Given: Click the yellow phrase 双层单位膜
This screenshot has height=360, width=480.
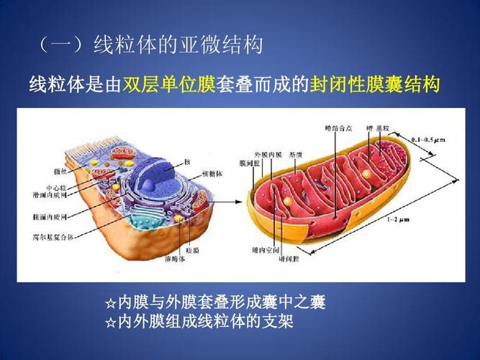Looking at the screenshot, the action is click(x=173, y=86).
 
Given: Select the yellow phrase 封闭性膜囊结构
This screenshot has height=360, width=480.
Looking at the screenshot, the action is click(x=374, y=86).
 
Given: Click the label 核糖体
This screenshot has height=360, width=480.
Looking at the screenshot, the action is click(x=212, y=175).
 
